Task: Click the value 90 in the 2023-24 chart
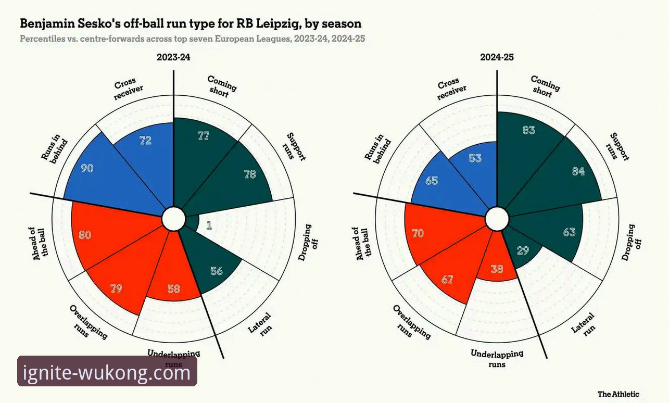(x=87, y=168)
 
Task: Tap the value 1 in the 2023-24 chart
(x=209, y=225)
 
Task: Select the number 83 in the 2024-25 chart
(x=528, y=130)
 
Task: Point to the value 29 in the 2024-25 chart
(x=523, y=250)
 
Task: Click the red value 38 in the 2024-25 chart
(x=497, y=269)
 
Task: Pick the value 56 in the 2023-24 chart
(x=217, y=271)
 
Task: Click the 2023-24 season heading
(x=173, y=57)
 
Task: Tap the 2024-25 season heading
(x=497, y=57)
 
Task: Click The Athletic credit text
(x=618, y=394)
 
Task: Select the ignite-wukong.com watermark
(x=107, y=372)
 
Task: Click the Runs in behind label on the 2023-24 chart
(x=54, y=149)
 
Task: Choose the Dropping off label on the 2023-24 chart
(x=308, y=242)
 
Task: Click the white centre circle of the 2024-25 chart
(x=497, y=219)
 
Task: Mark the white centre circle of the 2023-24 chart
(x=173, y=219)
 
